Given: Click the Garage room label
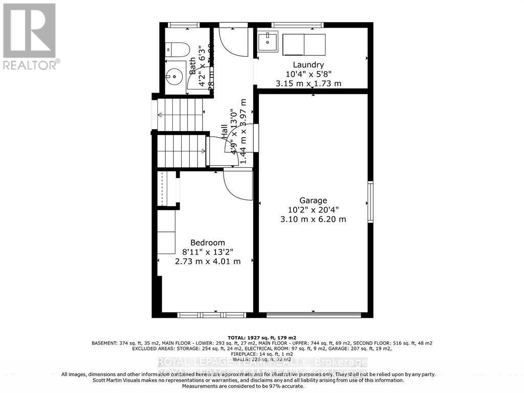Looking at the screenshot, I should (313, 200).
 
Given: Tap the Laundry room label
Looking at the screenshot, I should (308, 64).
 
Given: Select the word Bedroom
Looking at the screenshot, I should (207, 243).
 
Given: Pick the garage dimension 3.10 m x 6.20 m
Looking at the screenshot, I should (313, 219).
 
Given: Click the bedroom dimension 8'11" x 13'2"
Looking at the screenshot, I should (207, 252).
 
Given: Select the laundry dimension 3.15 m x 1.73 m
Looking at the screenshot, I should (308, 83).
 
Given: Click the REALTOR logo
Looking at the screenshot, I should (30, 36).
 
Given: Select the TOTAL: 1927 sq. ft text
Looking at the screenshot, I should (261, 338).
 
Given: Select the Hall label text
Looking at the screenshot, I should (225, 132).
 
